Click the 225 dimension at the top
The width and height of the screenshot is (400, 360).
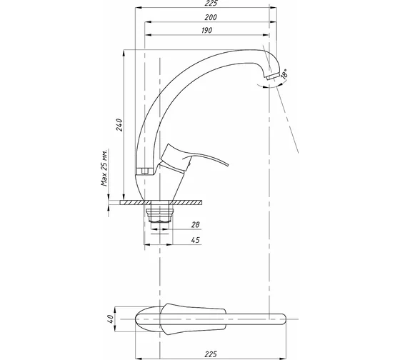(x=211, y=3)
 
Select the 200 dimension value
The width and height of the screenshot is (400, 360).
(x=211, y=17)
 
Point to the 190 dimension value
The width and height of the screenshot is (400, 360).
(x=206, y=31)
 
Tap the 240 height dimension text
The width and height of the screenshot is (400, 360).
(x=119, y=124)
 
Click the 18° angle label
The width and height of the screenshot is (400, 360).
(x=284, y=74)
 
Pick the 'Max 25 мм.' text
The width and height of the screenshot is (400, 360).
(x=104, y=168)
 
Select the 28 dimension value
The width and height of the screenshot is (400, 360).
(x=195, y=224)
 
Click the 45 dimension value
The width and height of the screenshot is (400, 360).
(x=196, y=240)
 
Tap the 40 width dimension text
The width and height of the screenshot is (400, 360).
(x=110, y=319)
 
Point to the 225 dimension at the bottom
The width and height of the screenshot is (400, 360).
(x=211, y=354)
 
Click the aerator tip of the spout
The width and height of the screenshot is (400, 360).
(x=272, y=76)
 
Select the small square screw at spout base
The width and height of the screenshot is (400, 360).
(x=145, y=171)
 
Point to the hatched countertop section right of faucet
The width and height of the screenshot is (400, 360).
(x=186, y=202)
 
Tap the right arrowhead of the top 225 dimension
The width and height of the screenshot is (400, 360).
(x=274, y=8)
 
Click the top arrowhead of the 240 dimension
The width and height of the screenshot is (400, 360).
(x=124, y=54)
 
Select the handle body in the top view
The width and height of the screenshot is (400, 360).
(x=193, y=319)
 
